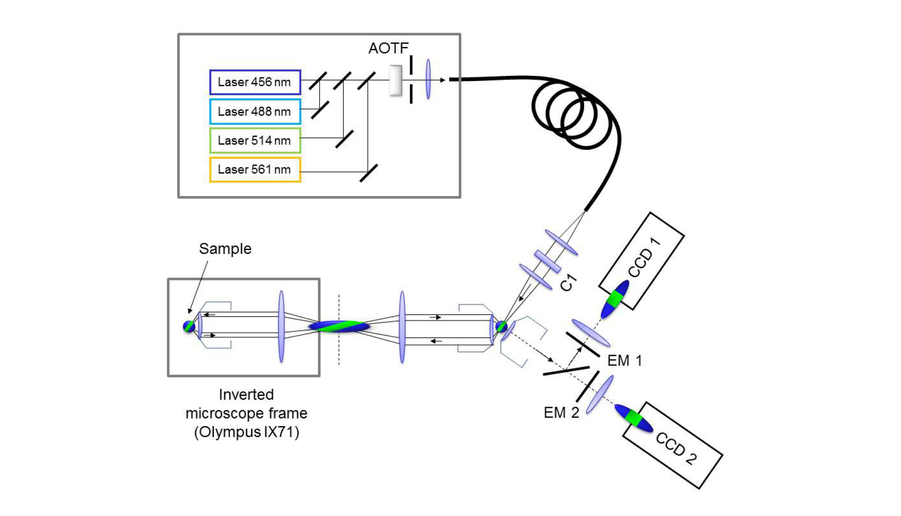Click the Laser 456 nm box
(x=255, y=82)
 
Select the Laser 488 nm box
(x=255, y=112)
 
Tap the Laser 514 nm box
(x=255, y=141)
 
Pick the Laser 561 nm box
(x=255, y=170)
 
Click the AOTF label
(x=388, y=48)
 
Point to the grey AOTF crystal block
(x=396, y=80)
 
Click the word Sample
(x=225, y=249)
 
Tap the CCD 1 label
(x=644, y=258)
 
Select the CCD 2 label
(x=676, y=448)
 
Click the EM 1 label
(x=624, y=360)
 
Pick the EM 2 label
(x=561, y=413)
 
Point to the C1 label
(x=568, y=283)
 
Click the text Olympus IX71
(x=246, y=432)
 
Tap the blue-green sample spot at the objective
(x=189, y=326)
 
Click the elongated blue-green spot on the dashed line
(x=339, y=326)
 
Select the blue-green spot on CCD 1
(x=614, y=299)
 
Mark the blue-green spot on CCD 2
(x=634, y=418)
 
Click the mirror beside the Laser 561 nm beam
(x=369, y=173)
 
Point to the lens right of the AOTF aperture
(x=428, y=79)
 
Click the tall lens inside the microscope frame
(x=281, y=326)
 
